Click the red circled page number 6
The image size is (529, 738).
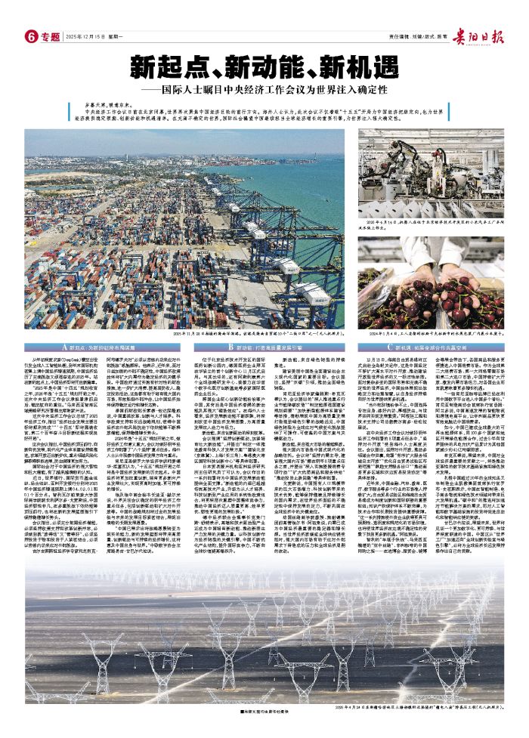tap(32, 36)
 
